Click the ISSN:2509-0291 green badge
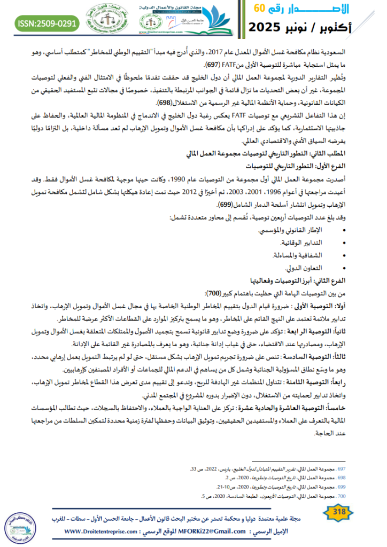click(48, 24)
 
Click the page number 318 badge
click(338, 513)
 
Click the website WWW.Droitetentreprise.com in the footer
click(99, 532)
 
